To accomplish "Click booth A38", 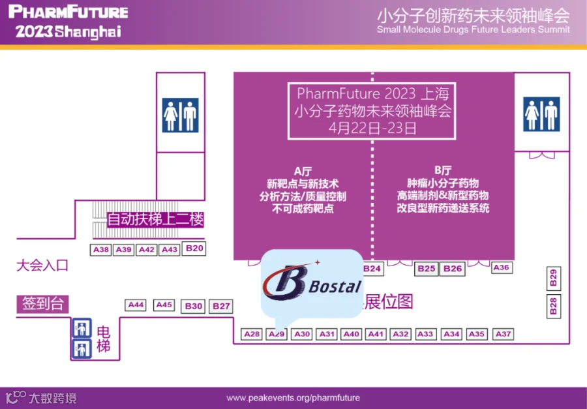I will click(x=100, y=250).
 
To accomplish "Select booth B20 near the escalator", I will click(x=194, y=248).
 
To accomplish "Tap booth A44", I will click(x=136, y=305).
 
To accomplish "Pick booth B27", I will click(x=222, y=306).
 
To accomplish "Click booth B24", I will click(x=372, y=268).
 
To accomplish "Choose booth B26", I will click(x=452, y=268).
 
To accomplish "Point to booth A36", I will click(x=501, y=267).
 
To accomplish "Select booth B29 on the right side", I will click(x=553, y=278).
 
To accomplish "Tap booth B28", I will click(x=553, y=306).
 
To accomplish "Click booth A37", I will click(x=503, y=334).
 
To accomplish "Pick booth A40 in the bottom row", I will click(x=352, y=334).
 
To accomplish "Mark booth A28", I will click(x=252, y=334).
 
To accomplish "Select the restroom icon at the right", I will click(x=542, y=114).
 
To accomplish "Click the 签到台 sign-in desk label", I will click(x=43, y=303).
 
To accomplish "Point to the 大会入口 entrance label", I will click(x=42, y=265).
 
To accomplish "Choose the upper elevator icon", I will click(x=81, y=327).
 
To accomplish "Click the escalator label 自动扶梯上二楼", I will click(x=155, y=220).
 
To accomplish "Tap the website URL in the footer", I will click(x=293, y=397).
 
